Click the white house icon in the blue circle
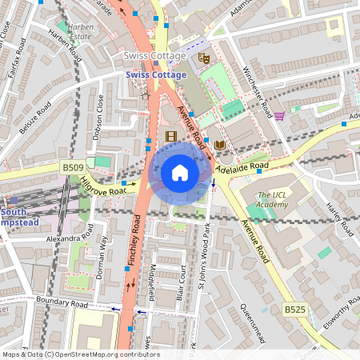pyautogui.click(x=180, y=172)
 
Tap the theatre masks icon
pyautogui.click(x=204, y=58)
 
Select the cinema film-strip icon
pyautogui.click(x=170, y=136)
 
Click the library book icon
pyautogui.click(x=219, y=145)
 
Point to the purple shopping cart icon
pyautogui.click(x=279, y=116)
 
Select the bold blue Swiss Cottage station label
pyautogui.click(x=154, y=74)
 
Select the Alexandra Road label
pyautogui.click(x=70, y=238)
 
